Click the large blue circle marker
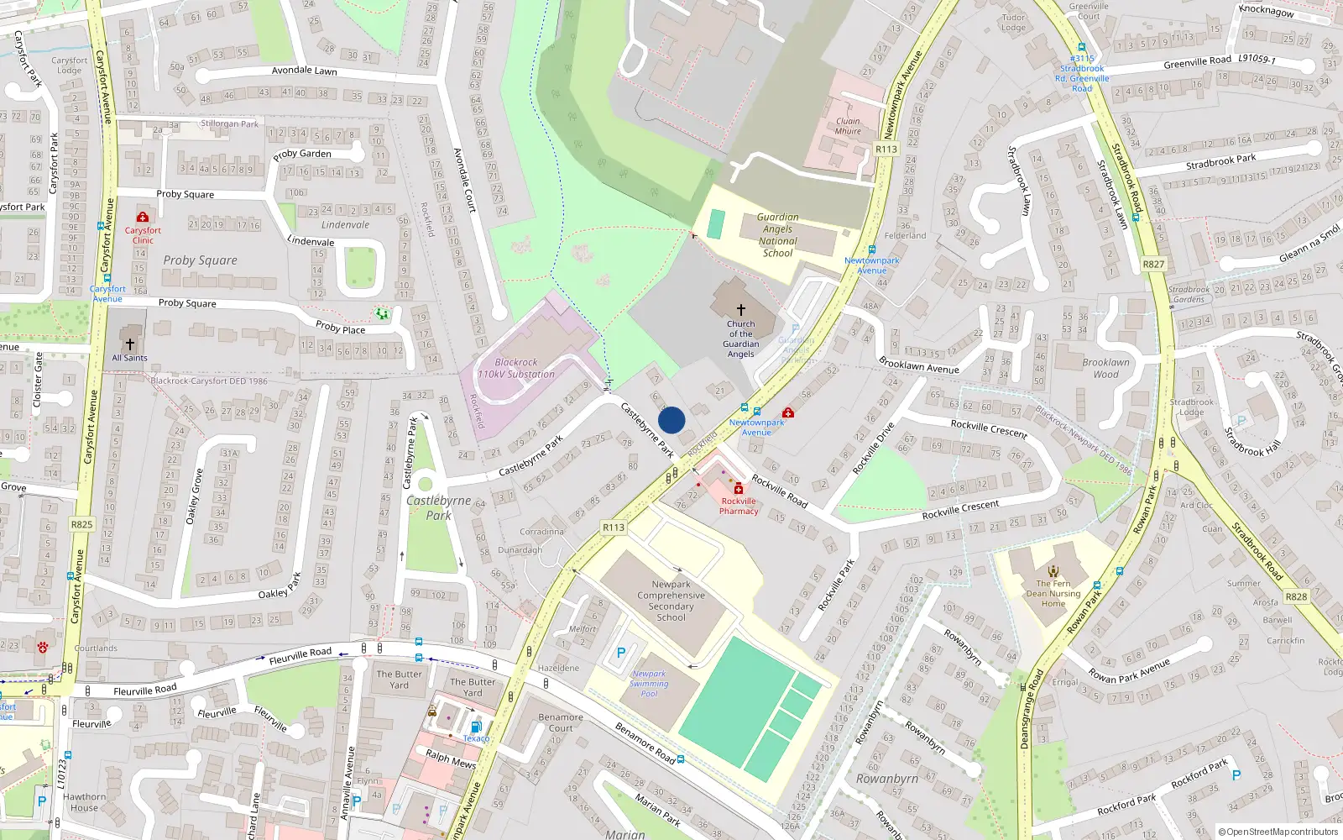671,420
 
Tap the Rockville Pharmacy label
739,506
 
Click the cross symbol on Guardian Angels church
740,310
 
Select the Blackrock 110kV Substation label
516,368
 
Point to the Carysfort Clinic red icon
143,218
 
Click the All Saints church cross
130,344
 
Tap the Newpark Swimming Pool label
649,683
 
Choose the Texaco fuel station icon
476,727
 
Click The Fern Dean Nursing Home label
1053,593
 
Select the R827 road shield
1153,264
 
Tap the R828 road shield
1296,596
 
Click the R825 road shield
81,524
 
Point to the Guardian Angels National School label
777,234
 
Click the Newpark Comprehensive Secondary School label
671,601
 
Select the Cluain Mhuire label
848,126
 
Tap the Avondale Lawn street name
304,71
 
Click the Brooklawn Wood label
1105,368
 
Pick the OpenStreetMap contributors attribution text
1278,832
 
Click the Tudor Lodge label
1013,22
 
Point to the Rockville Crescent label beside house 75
988,428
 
